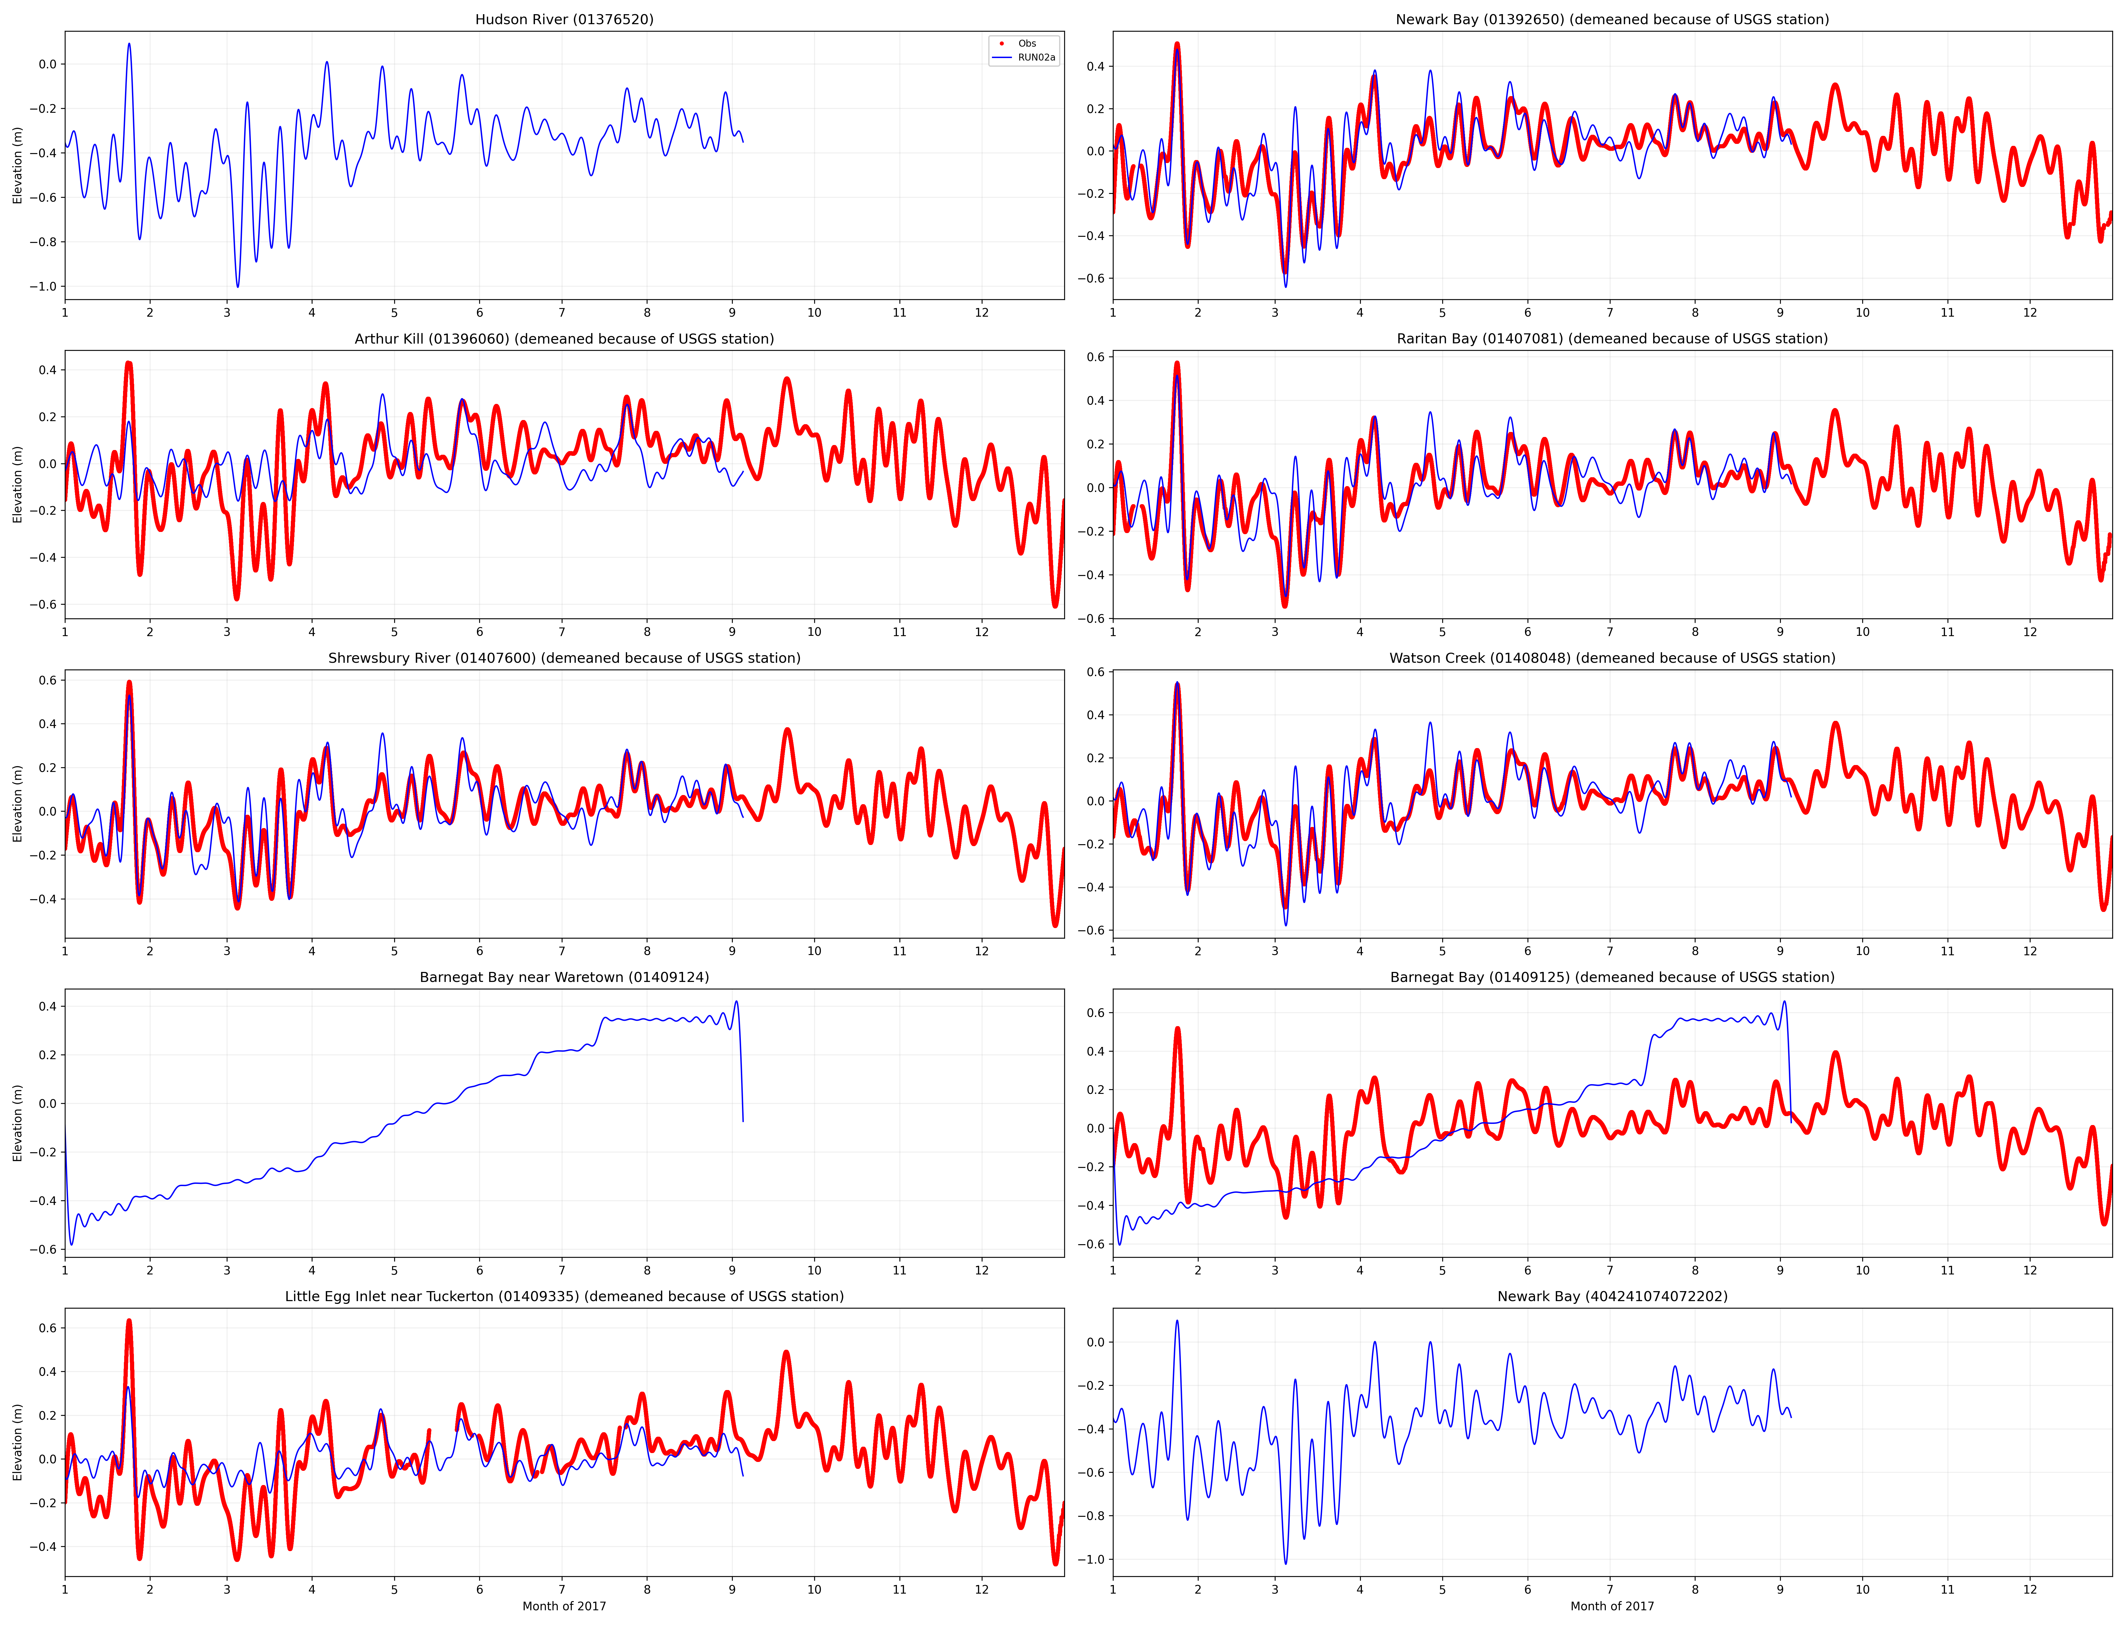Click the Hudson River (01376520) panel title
[x=564, y=19]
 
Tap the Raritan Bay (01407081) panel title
[x=1611, y=339]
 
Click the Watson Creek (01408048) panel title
[x=1611, y=658]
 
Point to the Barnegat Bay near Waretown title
[x=564, y=977]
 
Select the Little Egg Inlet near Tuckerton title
[x=564, y=1296]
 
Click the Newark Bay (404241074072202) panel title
[x=1611, y=1296]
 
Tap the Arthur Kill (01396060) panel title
[x=564, y=339]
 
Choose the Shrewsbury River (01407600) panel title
[x=564, y=658]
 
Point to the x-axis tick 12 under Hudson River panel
[x=982, y=312]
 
